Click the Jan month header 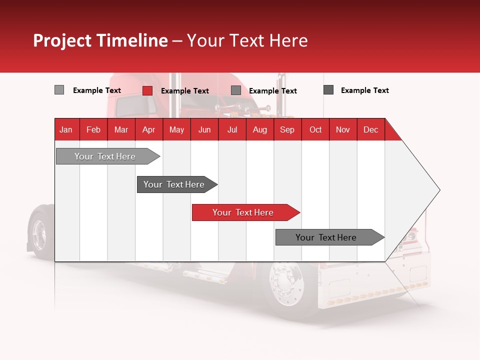tap(66, 129)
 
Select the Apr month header tap(148, 129)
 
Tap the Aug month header tap(259, 129)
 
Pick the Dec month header tap(370, 129)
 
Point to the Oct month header tap(315, 129)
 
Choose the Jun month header tap(204, 129)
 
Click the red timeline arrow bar tap(245, 212)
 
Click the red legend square tap(147, 90)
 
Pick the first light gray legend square tap(59, 90)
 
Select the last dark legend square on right tap(328, 90)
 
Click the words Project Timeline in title tap(100, 40)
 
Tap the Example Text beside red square tap(184, 91)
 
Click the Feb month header tap(93, 129)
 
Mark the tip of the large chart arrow tap(439, 190)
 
